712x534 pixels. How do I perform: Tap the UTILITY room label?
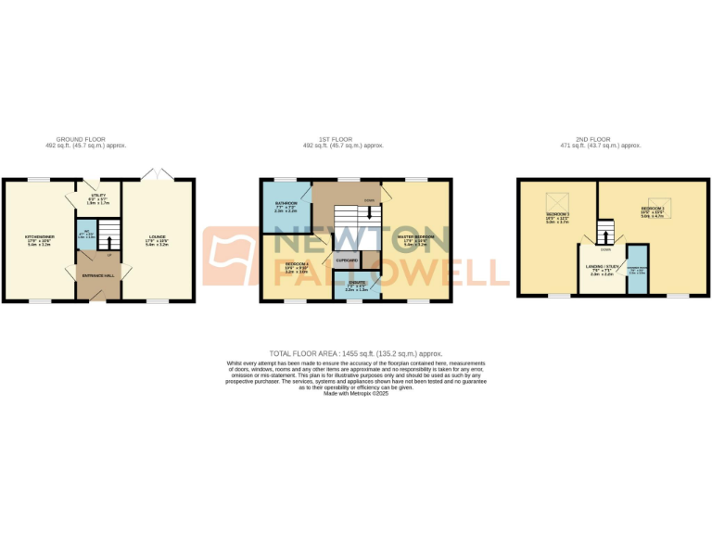[97, 197]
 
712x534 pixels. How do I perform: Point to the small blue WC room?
[83, 235]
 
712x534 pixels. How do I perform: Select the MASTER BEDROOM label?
[416, 237]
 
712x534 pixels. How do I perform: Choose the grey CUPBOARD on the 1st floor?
[347, 261]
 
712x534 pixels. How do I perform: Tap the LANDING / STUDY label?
[604, 267]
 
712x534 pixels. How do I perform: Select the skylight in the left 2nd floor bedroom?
[559, 200]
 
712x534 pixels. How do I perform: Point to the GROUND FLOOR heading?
[85, 140]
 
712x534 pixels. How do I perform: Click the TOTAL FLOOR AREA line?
[356, 353]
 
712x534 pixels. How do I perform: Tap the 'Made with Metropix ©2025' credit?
[356, 394]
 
